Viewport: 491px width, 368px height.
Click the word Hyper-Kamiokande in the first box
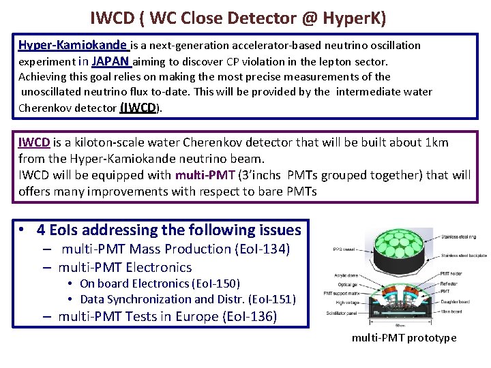[x=73, y=46]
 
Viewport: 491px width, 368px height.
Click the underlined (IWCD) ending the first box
[x=140, y=107]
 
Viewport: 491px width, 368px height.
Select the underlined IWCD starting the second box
[x=34, y=142]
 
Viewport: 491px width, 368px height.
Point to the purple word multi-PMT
[x=205, y=174]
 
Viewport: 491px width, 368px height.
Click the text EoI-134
[x=262, y=249]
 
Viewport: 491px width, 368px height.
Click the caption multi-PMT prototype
[x=404, y=338]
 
